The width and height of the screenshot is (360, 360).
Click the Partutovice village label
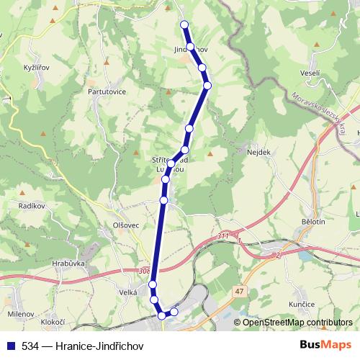click(106, 92)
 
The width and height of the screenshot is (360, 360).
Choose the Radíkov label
click(32, 206)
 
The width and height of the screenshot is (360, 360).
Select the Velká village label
click(128, 292)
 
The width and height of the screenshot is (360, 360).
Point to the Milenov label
click(21, 314)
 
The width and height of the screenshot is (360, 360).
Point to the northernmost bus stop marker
click(184, 24)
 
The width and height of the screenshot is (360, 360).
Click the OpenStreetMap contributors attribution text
click(298, 323)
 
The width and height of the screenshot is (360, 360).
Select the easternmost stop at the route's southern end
click(174, 312)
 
